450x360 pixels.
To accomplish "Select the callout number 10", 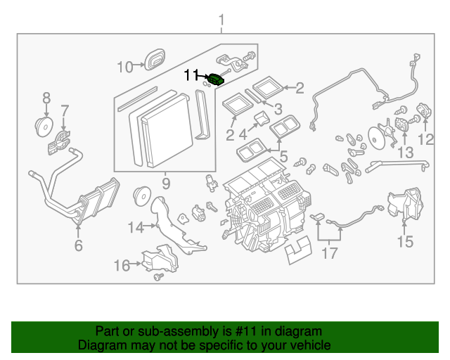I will [x=124, y=67].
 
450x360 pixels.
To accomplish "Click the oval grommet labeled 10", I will [x=154, y=60].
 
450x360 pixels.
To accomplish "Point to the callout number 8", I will [x=46, y=97].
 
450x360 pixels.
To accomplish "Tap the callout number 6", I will [x=78, y=245].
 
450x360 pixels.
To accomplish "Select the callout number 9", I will [x=166, y=184].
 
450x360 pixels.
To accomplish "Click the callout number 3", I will [x=278, y=109].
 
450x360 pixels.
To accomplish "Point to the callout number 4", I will [x=243, y=133].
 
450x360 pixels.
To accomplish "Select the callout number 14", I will [x=135, y=227].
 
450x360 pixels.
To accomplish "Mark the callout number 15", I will [x=406, y=243].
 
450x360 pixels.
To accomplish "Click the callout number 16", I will [x=122, y=265].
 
